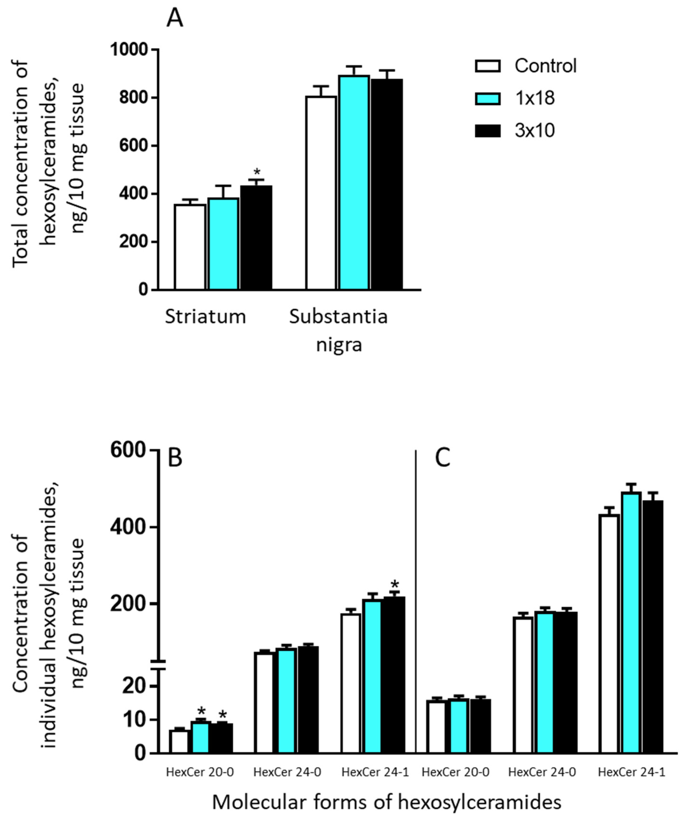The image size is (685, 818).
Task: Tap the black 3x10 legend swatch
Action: [x=488, y=131]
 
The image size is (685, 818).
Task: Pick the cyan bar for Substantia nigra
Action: [x=354, y=183]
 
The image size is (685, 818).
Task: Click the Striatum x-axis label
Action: [x=205, y=317]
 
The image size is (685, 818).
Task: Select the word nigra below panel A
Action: [x=339, y=345]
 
